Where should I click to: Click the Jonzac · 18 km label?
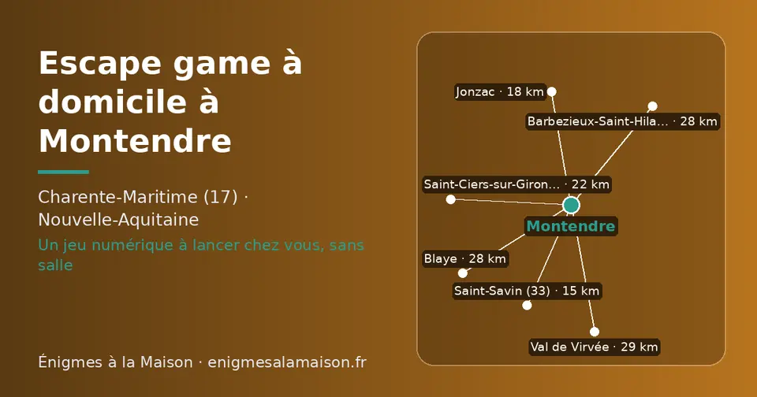pos(500,91)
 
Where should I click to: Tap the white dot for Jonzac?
pos(551,91)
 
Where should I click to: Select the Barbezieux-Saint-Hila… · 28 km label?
pos(622,121)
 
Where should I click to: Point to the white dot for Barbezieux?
pos(652,106)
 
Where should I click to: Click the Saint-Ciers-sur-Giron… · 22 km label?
pos(516,184)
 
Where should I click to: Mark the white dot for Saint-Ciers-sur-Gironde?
pos(450,199)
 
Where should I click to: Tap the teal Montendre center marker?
pos(571,205)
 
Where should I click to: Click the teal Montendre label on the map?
pos(571,226)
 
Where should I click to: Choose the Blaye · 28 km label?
pos(465,258)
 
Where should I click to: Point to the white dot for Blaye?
pos(463,273)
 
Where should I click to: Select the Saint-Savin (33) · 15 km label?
pos(527,291)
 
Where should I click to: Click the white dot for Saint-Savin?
pos(527,306)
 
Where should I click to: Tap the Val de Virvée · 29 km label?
pos(595,347)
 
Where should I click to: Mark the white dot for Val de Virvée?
pos(595,332)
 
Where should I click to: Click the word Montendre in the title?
pos(135,140)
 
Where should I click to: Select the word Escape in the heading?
pos(100,64)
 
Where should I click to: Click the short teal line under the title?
pos(63,172)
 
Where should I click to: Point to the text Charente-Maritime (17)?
pos(137,197)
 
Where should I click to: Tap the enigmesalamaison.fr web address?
pos(287,362)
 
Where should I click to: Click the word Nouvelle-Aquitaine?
pos(118,220)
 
